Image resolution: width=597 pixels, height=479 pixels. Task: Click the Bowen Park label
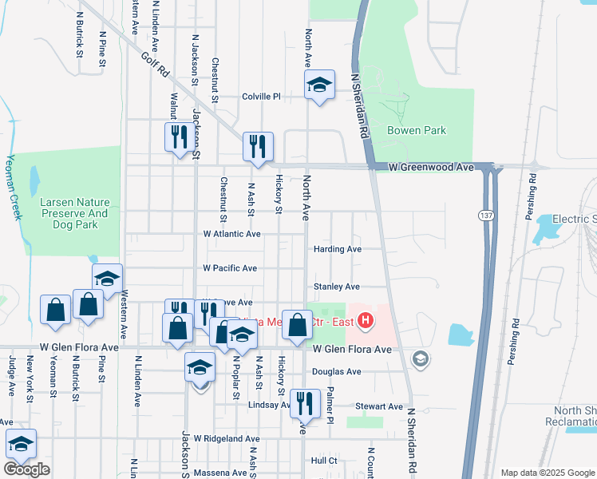416,130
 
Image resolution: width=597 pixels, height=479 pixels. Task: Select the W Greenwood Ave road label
431,168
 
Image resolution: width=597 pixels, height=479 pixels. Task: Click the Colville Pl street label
262,97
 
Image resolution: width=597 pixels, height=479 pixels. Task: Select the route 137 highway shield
485,216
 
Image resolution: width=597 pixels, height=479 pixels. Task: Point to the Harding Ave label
338,249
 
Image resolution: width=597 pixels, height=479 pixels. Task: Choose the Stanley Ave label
337,287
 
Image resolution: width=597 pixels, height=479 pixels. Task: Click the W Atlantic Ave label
232,234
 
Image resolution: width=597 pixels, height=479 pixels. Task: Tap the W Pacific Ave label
230,268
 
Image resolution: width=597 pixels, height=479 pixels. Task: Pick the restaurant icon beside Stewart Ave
304,403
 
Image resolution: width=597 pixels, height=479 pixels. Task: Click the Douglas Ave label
337,372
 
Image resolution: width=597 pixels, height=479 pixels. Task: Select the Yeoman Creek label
13,188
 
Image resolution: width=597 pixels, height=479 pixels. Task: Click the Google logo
26,469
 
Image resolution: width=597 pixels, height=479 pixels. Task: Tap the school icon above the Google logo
21,444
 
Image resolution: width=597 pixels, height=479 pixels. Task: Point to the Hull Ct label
325,461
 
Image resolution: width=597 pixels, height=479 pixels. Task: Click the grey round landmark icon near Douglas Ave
420,360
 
